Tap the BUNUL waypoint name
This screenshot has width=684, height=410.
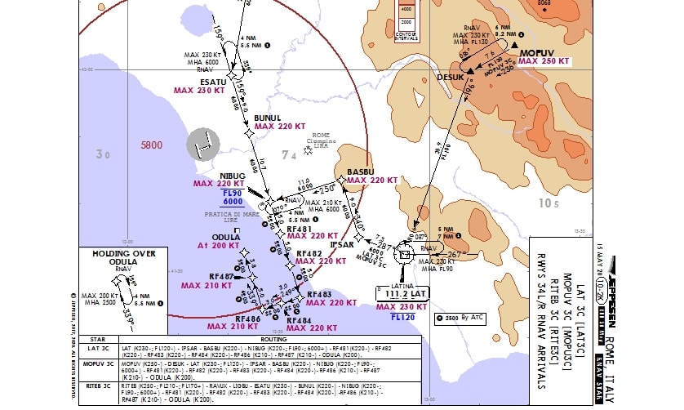[268, 118]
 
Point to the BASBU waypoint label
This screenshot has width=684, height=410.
[360, 172]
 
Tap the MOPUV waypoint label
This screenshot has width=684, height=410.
[536, 51]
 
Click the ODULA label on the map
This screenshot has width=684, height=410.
[215, 238]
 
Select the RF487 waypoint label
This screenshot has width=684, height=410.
[222, 277]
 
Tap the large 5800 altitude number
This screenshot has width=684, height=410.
[153, 145]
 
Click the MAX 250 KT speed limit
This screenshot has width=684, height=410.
[544, 61]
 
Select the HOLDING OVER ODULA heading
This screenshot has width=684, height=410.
[123, 255]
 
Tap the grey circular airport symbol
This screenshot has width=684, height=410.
[204, 145]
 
